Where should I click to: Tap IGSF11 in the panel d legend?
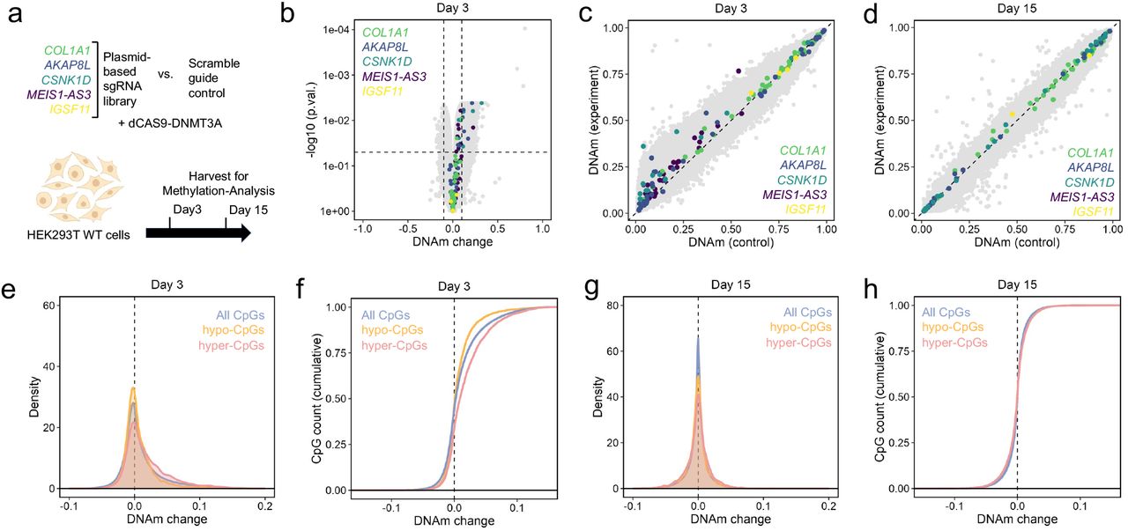point(1088,212)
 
